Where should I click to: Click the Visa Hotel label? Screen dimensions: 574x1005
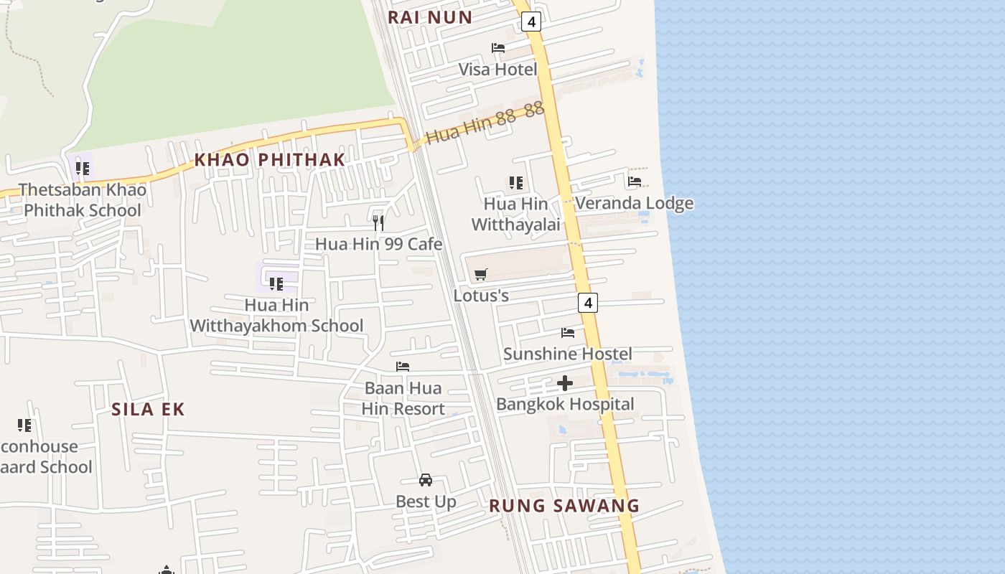coord(497,70)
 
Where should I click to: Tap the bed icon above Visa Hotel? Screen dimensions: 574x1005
coord(498,48)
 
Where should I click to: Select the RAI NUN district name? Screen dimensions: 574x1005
coord(430,17)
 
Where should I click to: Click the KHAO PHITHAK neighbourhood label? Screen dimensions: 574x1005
coord(270,159)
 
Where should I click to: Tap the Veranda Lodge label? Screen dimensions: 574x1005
coord(634,203)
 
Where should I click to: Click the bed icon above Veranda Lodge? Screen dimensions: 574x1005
coord(635,182)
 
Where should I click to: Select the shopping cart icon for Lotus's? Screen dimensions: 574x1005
coord(481,274)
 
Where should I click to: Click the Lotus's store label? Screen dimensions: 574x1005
coord(481,295)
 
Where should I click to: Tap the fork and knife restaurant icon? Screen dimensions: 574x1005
coord(378,222)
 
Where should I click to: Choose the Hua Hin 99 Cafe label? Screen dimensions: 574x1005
coord(378,244)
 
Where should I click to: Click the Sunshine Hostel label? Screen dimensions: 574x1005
coord(567,354)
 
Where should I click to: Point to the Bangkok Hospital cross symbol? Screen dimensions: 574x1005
coord(565,383)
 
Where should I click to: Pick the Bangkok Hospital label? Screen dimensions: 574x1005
coord(565,404)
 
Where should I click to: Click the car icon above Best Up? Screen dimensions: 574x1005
coord(426,480)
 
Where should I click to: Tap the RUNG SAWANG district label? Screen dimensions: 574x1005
coord(564,505)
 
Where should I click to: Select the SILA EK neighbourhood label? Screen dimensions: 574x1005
coord(148,409)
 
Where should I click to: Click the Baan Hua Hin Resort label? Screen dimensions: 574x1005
coord(403,398)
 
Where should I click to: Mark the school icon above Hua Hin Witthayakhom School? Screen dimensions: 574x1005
coord(276,284)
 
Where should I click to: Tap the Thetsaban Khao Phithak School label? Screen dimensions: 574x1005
coord(83,200)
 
